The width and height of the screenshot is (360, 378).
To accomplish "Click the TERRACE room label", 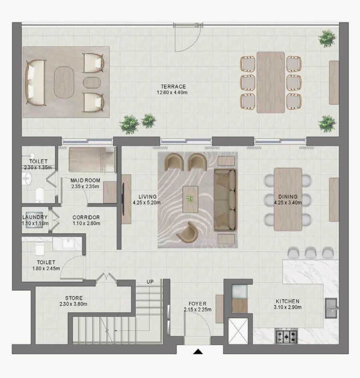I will pos(173,86).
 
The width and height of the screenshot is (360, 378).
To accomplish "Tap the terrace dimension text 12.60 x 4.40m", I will pos(173,92).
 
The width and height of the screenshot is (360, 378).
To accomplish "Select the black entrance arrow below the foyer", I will pos(198,352).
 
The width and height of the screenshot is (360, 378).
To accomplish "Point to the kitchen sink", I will pos(331,308).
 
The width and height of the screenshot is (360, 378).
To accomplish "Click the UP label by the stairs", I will pos(150,282).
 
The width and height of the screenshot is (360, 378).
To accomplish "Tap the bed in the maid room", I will pos(92,159).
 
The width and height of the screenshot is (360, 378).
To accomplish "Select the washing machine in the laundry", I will pos(35,220).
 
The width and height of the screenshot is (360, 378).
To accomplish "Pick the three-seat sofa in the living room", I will pos(225,200).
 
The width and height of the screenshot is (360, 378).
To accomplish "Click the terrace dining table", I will pos(271,82).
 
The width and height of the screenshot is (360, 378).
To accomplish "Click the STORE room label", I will pos(74,298).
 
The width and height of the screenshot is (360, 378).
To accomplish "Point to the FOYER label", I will pos(198,304).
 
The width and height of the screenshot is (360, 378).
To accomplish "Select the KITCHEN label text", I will pos(288,301).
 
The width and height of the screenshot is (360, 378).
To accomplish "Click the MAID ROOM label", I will pos(85,180).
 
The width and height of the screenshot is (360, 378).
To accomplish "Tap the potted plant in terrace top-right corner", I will pos(327,38).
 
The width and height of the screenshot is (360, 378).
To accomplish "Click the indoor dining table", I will pos(288,199).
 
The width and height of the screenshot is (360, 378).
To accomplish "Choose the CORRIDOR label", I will pos(86,217).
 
